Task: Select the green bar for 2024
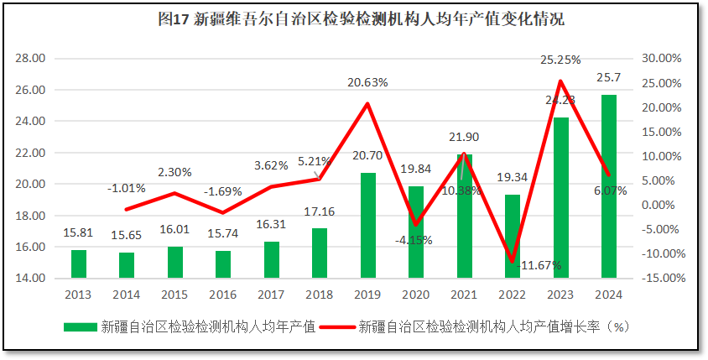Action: (x=609, y=185)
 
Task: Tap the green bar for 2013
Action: (x=78, y=263)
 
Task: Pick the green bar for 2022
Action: (x=513, y=236)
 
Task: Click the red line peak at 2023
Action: (x=560, y=81)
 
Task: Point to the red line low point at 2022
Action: (x=512, y=261)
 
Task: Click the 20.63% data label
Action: (x=368, y=82)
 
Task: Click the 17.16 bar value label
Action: (x=320, y=211)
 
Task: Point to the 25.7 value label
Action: (x=608, y=77)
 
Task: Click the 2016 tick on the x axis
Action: (x=223, y=294)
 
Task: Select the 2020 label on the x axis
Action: (x=416, y=294)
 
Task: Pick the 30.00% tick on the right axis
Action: (x=659, y=59)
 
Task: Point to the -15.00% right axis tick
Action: (x=659, y=279)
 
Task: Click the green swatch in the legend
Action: (x=81, y=326)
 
